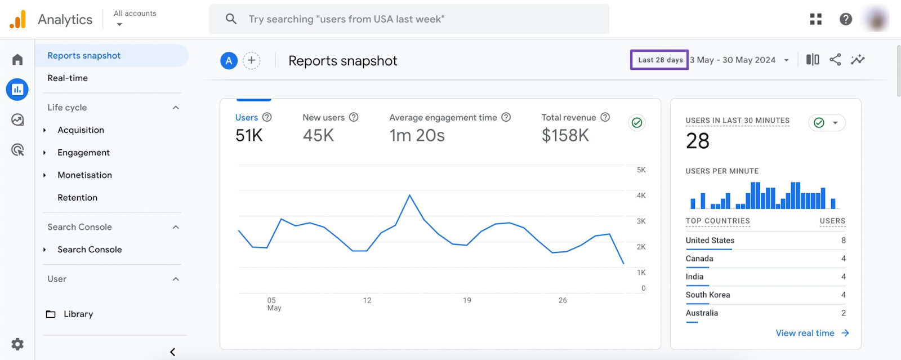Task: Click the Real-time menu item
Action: [68, 78]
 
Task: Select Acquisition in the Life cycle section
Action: [81, 130]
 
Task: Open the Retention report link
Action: [77, 198]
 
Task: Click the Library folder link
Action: [78, 314]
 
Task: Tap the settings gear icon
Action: [17, 344]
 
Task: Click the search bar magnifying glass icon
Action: [231, 19]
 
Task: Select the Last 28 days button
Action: [659, 60]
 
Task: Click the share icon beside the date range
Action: [835, 60]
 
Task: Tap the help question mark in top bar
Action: [845, 19]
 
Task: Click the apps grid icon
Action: [815, 19]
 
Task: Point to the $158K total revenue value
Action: [565, 136]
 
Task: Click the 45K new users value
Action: [318, 136]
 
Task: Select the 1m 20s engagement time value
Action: [417, 136]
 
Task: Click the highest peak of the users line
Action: [409, 195]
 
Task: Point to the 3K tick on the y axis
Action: [641, 221]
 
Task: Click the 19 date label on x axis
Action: [467, 300]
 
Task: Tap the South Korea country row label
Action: [707, 295]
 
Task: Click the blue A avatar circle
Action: [229, 61]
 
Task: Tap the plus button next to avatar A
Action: [252, 60]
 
